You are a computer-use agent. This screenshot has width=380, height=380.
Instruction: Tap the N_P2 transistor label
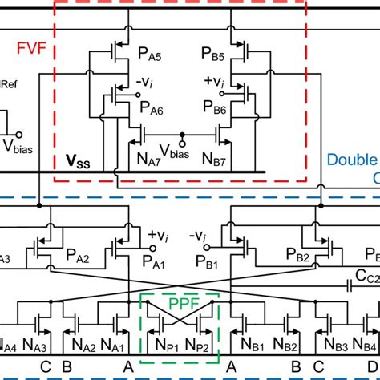point(200,347)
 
